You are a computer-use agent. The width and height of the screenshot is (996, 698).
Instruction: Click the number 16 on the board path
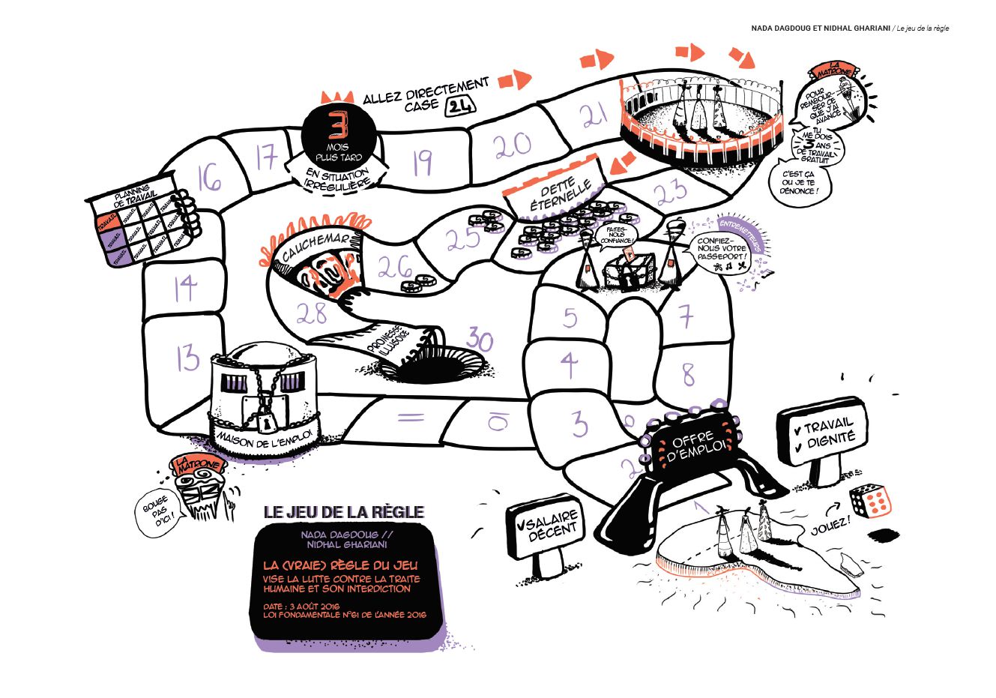click(210, 179)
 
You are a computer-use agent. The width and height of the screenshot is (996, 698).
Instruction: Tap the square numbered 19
click(423, 162)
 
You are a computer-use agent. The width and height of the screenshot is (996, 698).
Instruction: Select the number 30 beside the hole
click(480, 341)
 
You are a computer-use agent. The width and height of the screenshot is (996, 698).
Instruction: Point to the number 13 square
click(187, 358)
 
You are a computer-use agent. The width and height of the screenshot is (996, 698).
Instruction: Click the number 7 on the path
click(686, 318)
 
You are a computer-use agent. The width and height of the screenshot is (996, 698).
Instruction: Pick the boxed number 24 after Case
click(460, 106)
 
